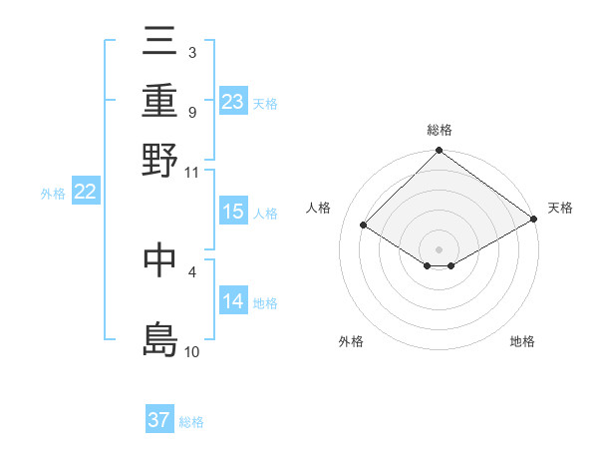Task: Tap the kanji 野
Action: [x=160, y=159]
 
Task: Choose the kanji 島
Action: [x=160, y=338]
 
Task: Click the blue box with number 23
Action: [x=232, y=101]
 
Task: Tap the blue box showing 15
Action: [x=232, y=212]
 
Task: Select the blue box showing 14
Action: [x=232, y=301]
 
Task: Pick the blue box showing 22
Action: [x=85, y=193]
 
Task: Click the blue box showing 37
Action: [x=159, y=420]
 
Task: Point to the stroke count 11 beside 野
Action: [x=192, y=172]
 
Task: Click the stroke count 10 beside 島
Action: [x=192, y=351]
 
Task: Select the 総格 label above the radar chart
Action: [x=439, y=130]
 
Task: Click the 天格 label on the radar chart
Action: [x=560, y=208]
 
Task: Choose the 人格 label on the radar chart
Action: [x=319, y=208]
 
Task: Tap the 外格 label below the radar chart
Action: [x=351, y=341]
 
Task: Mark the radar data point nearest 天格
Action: [x=534, y=219]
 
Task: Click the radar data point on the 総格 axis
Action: [x=439, y=152]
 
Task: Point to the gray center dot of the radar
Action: [x=439, y=248]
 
